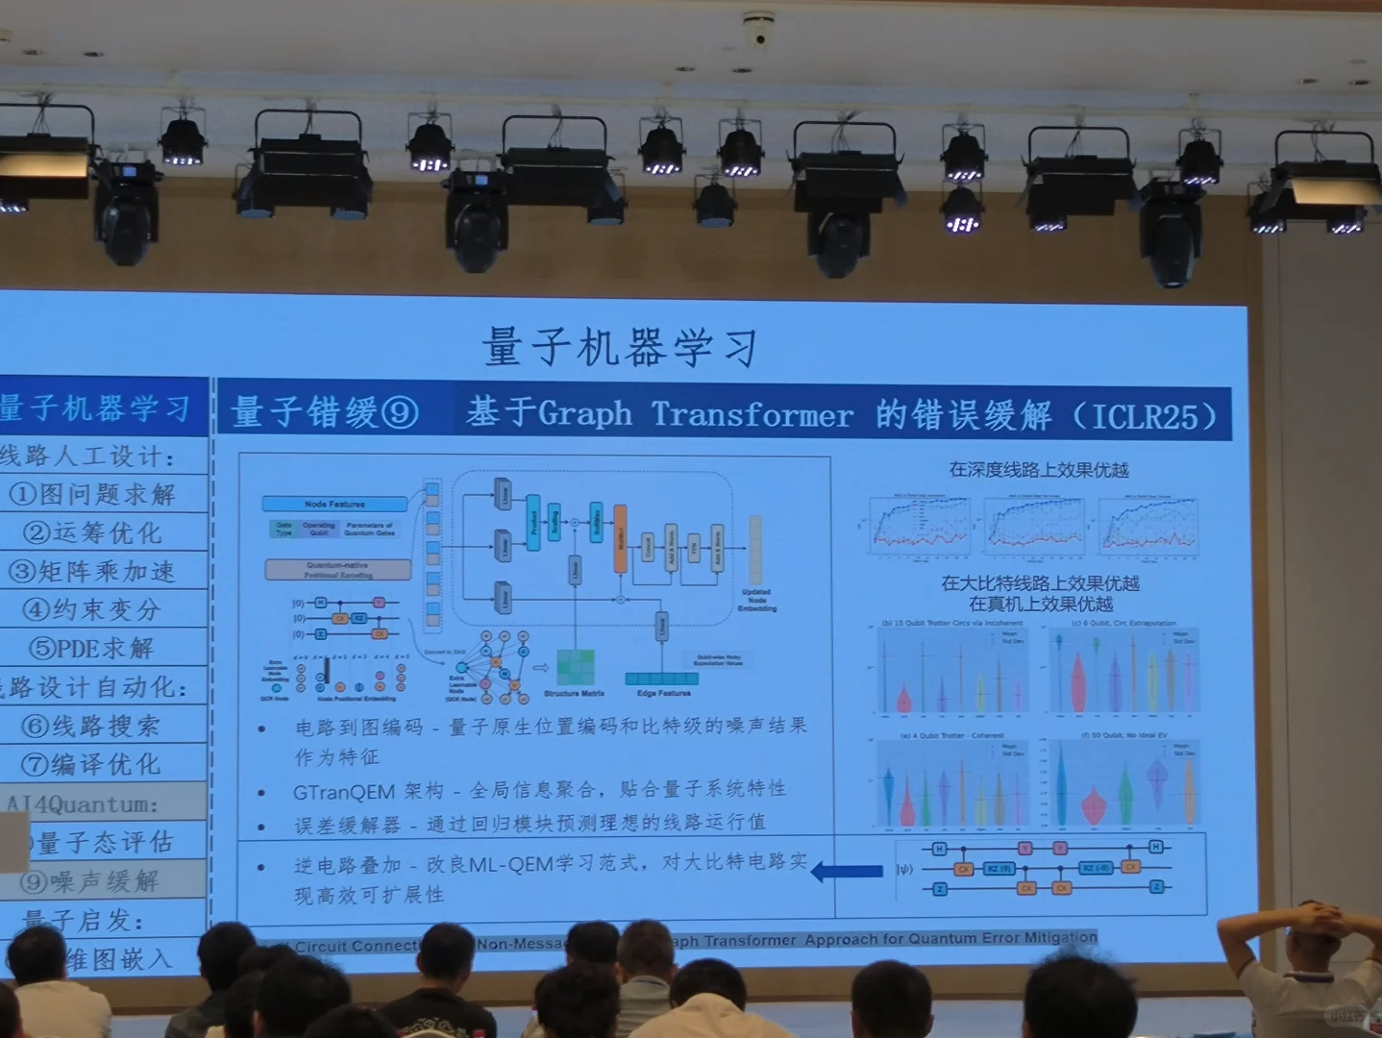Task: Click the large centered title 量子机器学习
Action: click(621, 347)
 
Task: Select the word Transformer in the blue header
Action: click(752, 415)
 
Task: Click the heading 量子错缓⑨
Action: click(325, 412)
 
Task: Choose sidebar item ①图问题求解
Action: click(92, 494)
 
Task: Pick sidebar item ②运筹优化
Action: click(92, 532)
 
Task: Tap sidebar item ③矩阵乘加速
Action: click(92, 571)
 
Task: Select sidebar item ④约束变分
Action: click(92, 609)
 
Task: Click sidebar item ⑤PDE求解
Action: click(92, 648)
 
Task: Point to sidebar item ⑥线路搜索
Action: click(92, 726)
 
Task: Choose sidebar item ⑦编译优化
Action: click(92, 764)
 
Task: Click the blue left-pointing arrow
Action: click(847, 872)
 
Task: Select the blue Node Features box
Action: click(334, 504)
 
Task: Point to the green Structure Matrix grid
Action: click(575, 667)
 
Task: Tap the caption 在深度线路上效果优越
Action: click(1039, 470)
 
